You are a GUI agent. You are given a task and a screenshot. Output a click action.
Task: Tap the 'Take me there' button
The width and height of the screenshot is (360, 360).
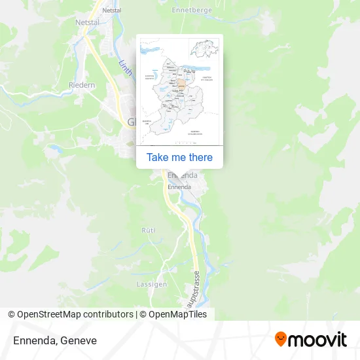click(x=179, y=157)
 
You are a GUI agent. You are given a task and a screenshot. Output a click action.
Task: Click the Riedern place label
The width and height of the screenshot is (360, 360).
click(x=82, y=85)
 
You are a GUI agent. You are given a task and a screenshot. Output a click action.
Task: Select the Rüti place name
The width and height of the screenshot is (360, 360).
click(x=149, y=230)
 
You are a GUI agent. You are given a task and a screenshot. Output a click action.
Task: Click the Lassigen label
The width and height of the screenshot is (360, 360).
click(x=151, y=284)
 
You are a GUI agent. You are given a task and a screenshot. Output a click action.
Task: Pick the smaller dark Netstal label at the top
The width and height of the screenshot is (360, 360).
click(x=112, y=11)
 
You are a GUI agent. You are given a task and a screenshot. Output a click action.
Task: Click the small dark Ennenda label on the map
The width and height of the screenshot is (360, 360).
click(x=179, y=187)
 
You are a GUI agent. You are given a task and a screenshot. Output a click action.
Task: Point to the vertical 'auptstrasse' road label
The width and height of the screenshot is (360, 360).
click(x=196, y=286)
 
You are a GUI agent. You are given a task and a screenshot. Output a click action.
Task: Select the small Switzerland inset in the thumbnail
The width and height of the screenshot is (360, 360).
click(x=204, y=48)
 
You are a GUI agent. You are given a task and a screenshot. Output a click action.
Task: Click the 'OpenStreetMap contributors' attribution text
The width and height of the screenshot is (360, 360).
click(x=75, y=314)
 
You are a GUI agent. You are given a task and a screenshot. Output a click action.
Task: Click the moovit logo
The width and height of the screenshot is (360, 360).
click(x=310, y=339)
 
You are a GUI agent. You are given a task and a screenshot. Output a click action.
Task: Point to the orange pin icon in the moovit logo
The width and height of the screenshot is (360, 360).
click(x=281, y=339)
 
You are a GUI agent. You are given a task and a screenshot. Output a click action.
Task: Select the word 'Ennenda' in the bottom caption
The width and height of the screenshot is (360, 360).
click(x=33, y=340)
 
